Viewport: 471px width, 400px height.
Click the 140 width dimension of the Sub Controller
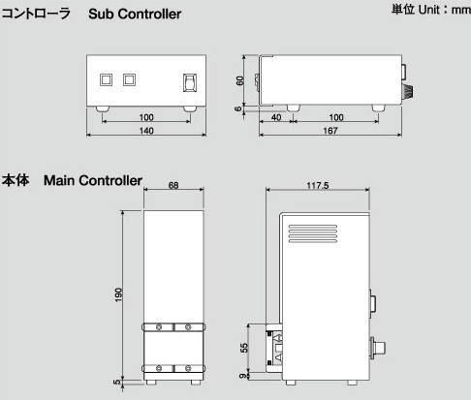coord(146,131)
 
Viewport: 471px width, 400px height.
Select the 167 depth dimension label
coord(330,131)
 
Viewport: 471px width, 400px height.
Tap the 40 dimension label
coord(276,117)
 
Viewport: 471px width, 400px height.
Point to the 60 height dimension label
coord(239,80)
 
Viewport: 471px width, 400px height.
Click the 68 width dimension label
coord(173,185)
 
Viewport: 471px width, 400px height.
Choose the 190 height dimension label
coord(118,294)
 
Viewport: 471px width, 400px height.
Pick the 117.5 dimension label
coord(318,185)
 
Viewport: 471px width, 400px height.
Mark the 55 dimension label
coord(244,348)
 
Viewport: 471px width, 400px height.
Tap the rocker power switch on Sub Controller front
coord(190,82)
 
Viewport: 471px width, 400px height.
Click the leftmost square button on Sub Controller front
coord(106,79)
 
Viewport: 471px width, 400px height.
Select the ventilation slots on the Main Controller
coord(312,233)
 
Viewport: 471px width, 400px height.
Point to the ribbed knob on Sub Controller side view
coord(408,91)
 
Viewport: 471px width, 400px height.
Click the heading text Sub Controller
coord(135,14)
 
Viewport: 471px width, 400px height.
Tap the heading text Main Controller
coord(93,180)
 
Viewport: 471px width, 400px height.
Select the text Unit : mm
coord(445,10)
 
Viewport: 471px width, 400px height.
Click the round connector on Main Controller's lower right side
coord(378,348)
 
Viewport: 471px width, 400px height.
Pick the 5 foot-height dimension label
coord(117,382)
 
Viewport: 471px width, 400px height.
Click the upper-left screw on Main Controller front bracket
coord(159,327)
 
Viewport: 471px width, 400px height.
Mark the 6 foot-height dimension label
coord(238,108)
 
